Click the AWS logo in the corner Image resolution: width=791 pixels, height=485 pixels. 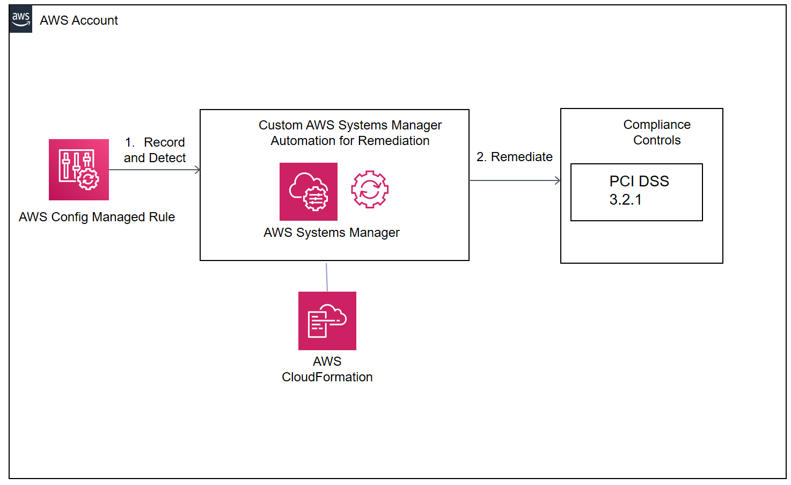pos(20,19)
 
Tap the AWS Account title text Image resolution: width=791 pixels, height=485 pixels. pos(79,20)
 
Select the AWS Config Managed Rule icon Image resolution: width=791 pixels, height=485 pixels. pos(79,170)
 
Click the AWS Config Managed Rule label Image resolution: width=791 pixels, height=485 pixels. pos(97,217)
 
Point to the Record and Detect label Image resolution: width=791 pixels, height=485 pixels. pos(155,150)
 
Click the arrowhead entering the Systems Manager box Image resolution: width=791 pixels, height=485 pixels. pos(198,170)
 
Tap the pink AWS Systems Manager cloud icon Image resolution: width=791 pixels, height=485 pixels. pos(308,192)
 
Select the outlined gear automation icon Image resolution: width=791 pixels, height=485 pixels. pos(370,189)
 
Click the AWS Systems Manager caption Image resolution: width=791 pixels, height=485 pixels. pos(332,233)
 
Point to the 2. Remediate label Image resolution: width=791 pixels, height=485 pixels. pos(515,157)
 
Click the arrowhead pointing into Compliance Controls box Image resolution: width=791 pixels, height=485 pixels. pos(558,180)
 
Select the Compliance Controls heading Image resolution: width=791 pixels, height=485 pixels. pos(657,132)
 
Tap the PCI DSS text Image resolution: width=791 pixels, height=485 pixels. pos(639,182)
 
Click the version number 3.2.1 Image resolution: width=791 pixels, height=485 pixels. pos(625,200)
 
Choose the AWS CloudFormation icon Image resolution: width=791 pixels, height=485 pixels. pos(327,321)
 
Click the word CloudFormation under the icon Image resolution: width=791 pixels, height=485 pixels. pos(327,377)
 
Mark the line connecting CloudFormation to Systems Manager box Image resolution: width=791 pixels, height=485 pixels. pos(327,277)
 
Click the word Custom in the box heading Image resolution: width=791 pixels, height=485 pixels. pos(280,125)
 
